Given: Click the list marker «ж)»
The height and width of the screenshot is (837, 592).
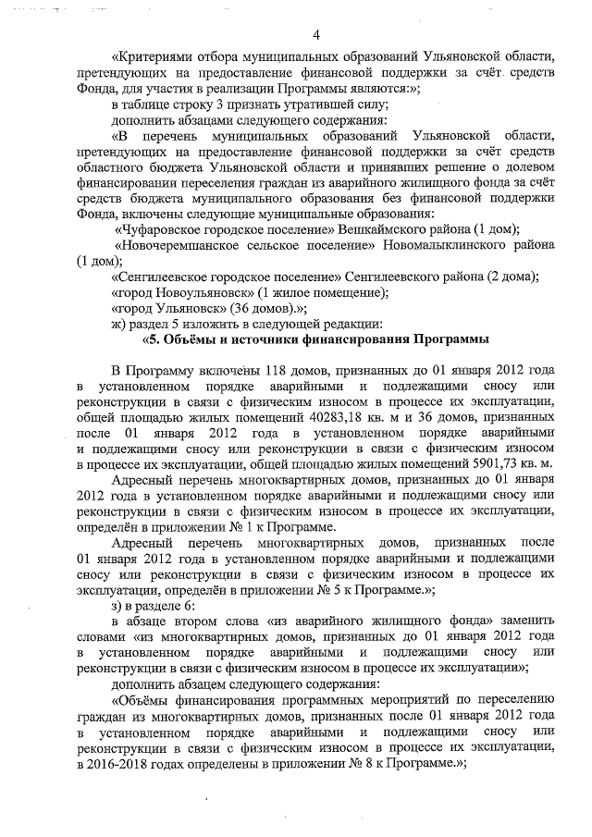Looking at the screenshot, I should pos(117,324).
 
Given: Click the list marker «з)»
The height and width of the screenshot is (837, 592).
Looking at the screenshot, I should pos(116,605).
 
